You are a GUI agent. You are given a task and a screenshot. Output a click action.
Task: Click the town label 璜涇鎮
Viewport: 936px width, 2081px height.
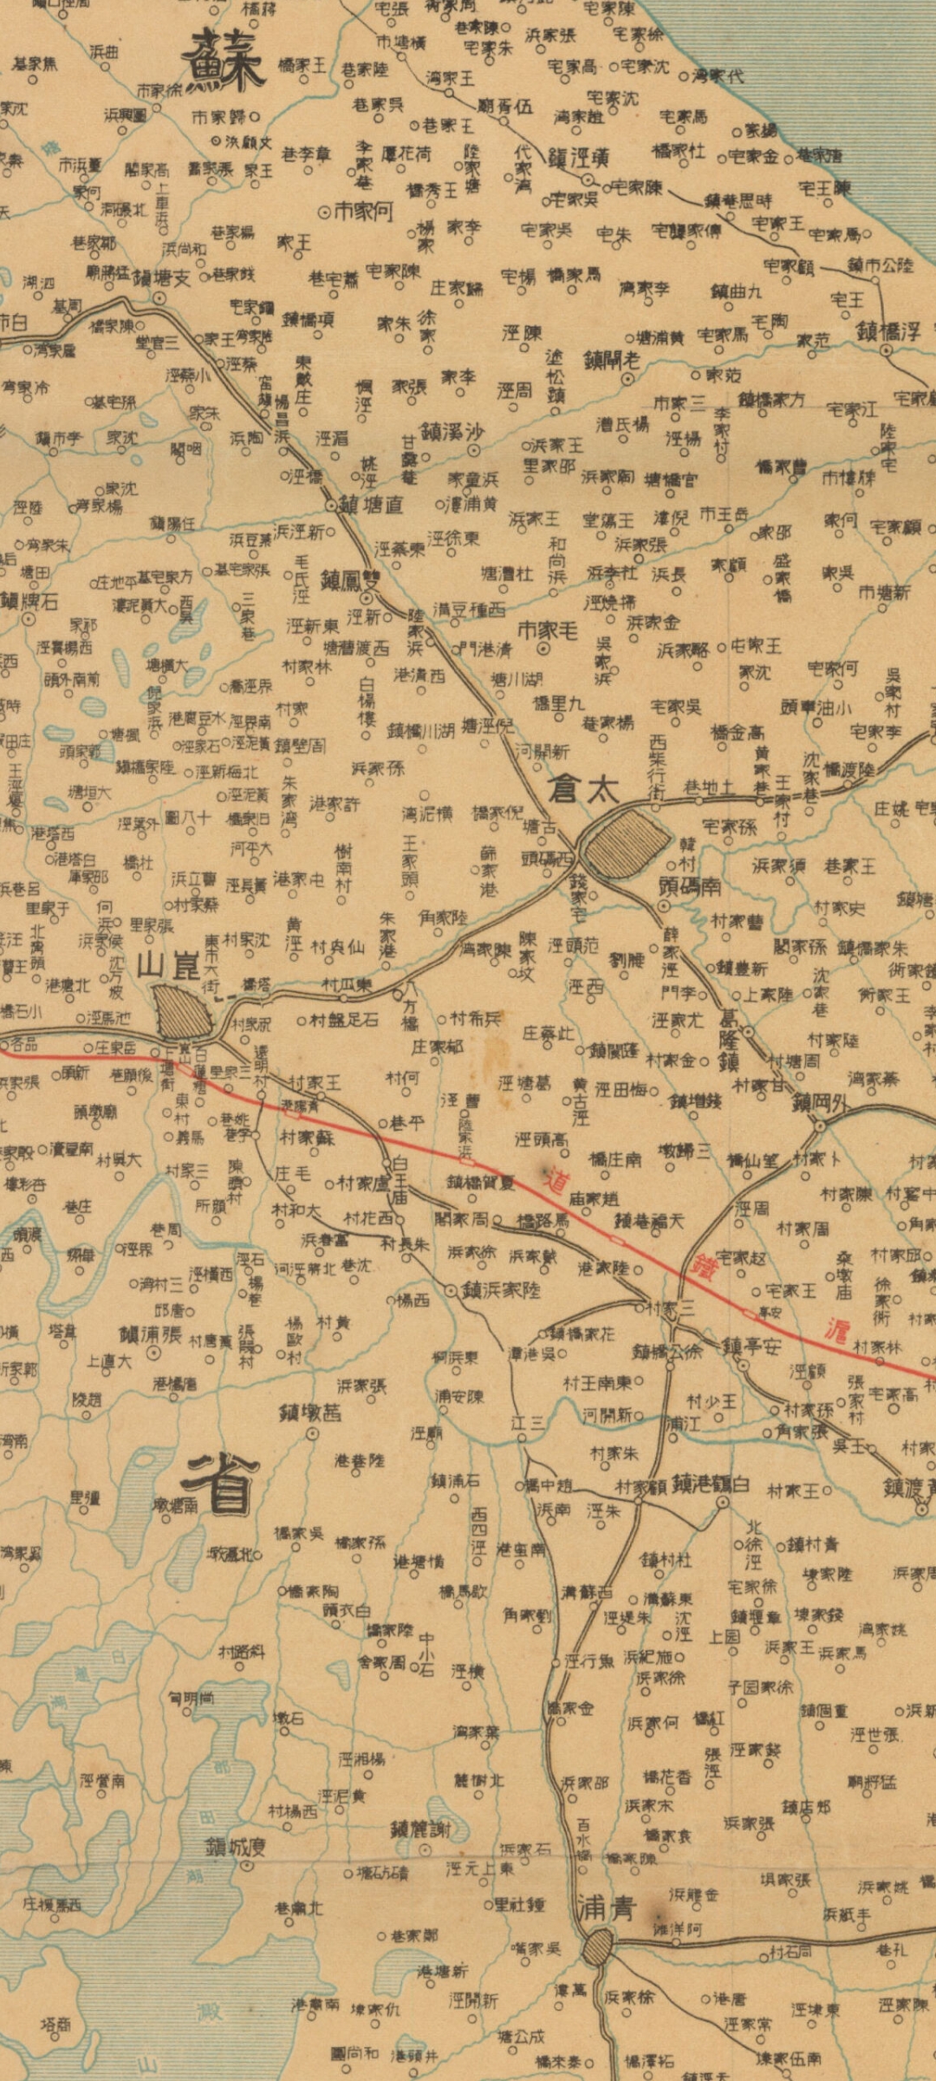[x=577, y=158]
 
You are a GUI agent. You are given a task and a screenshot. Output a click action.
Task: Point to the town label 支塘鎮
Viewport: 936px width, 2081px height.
[x=160, y=278]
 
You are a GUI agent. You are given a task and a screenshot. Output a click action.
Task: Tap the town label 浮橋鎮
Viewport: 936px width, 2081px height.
[x=887, y=330]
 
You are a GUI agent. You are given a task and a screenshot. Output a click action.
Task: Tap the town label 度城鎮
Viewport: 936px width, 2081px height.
[x=235, y=1847]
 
